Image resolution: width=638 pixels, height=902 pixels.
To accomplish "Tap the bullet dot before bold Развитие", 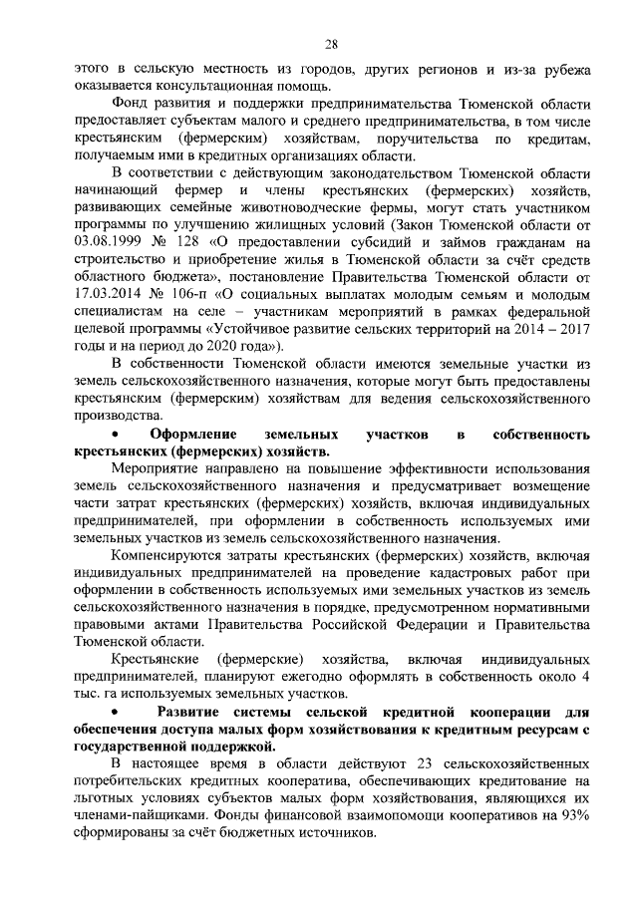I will (119, 713).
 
